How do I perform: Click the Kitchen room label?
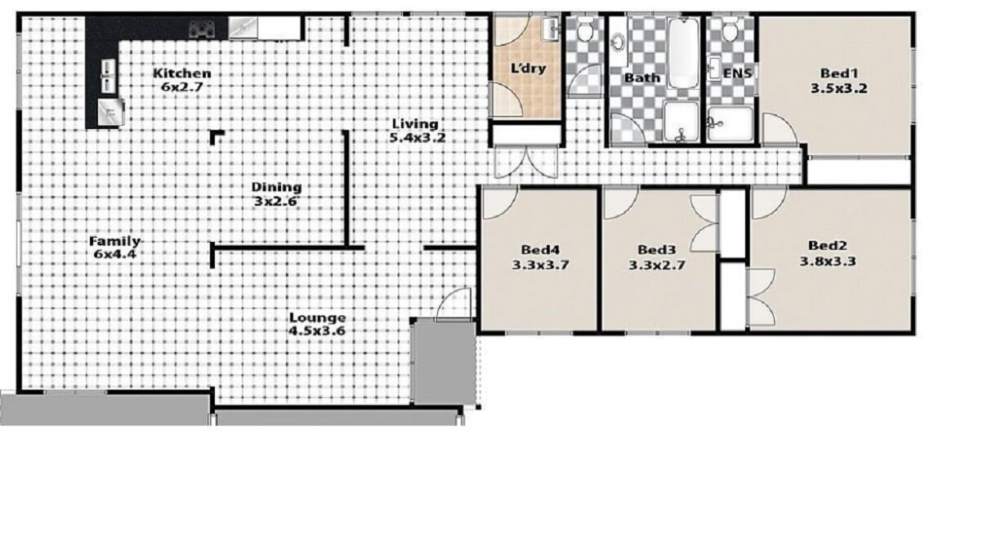click(181, 74)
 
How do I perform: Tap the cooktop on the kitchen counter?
click(201, 29)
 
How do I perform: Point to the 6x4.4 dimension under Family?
click(115, 254)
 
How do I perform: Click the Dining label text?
click(275, 187)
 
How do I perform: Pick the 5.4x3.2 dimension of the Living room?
click(418, 137)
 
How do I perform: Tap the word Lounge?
click(316, 318)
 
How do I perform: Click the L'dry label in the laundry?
click(528, 69)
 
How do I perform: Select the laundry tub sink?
click(551, 29)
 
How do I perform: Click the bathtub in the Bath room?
click(682, 53)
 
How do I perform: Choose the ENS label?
click(737, 74)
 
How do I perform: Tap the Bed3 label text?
click(656, 250)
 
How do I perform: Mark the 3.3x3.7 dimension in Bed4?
click(539, 265)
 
